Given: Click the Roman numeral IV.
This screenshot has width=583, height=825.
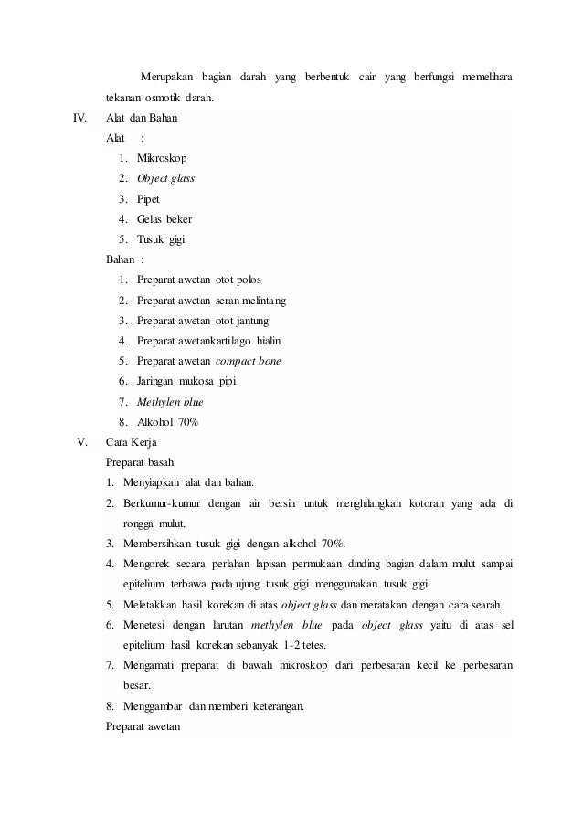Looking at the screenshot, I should pos(79,118).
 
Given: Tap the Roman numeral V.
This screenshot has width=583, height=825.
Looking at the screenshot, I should pos(81,442).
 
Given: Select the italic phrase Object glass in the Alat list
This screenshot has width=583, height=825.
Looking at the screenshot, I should pos(165,178).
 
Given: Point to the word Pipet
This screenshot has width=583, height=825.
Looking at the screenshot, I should pos(148,198).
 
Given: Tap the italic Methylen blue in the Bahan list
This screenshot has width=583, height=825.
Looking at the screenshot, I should pos(170,401).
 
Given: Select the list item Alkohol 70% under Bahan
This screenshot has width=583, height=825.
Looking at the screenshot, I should pos(167,422).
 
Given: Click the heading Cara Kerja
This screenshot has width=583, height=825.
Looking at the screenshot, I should pos(132,442).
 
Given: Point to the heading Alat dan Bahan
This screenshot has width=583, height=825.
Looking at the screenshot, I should pos(143,118).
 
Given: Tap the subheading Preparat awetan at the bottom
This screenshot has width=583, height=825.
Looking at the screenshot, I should pos(143,726).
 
